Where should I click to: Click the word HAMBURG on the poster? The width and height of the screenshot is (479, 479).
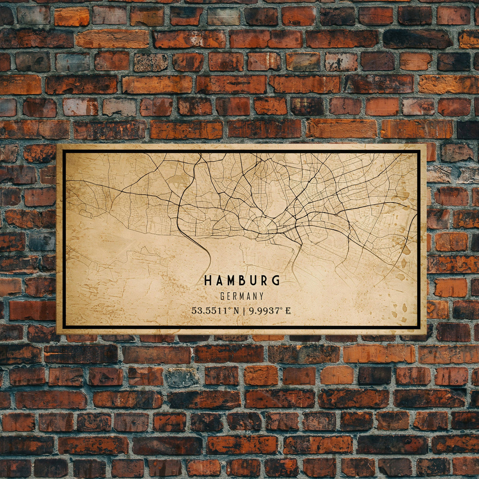pyautogui.click(x=242, y=281)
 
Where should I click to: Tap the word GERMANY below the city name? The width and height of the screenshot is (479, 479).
pyautogui.click(x=242, y=296)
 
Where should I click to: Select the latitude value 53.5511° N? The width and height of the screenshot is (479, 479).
pyautogui.click(x=215, y=311)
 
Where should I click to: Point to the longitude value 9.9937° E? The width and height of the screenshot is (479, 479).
pyautogui.click(x=270, y=311)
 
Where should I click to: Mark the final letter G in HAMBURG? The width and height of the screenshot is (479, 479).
pyautogui.click(x=276, y=281)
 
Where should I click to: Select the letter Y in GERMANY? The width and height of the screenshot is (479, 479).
pyautogui.click(x=261, y=296)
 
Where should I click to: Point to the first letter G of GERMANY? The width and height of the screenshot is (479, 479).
pyautogui.click(x=223, y=296)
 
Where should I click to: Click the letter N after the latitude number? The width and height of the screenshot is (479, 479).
pyautogui.click(x=236, y=311)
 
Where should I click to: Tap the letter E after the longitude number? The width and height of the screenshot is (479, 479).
pyautogui.click(x=288, y=311)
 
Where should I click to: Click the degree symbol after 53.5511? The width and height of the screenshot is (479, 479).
pyautogui.click(x=230, y=309)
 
